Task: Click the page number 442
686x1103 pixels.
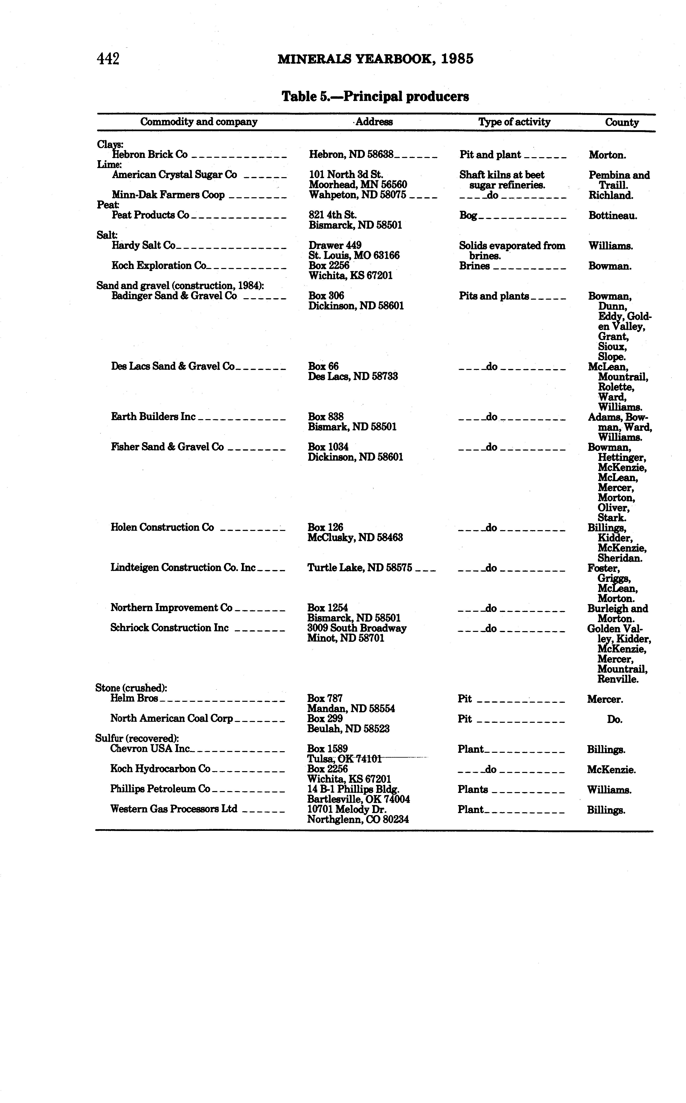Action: pos(108,59)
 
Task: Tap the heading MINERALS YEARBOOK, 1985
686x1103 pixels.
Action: pos(375,59)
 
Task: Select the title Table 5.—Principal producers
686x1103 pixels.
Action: pos(375,97)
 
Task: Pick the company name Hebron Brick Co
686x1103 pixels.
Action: pos(150,155)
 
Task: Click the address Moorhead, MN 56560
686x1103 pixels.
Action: pos(358,185)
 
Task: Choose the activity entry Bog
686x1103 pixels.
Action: pos(468,216)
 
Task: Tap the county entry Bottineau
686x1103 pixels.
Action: pos(612,216)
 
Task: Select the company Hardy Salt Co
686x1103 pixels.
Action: pos(143,245)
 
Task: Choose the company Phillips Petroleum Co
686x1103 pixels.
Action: pos(160,789)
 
